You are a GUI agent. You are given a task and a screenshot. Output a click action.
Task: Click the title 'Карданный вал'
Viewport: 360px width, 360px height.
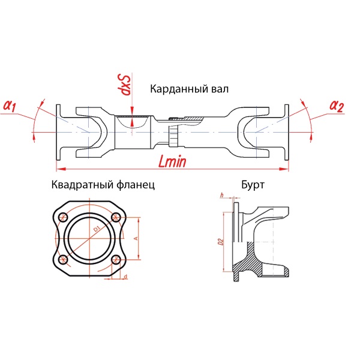click(189, 89)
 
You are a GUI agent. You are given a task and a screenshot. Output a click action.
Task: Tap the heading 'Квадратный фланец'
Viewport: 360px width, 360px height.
click(103, 185)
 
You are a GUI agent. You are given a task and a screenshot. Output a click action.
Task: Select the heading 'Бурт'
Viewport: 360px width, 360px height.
click(253, 185)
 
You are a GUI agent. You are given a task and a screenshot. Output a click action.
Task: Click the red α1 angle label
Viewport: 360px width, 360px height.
click(10, 106)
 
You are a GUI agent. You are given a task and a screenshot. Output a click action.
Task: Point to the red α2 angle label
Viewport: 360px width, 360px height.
click(337, 106)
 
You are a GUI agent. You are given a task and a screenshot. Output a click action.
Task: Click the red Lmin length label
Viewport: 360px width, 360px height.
click(172, 161)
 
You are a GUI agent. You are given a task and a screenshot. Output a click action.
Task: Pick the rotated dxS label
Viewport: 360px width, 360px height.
click(125, 84)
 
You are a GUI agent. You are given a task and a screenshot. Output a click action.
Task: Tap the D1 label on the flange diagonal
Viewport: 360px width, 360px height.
click(97, 229)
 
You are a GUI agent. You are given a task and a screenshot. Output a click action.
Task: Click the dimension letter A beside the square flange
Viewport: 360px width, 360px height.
click(136, 238)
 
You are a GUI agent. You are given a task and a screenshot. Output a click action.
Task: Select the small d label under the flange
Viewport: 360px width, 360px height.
click(125, 277)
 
